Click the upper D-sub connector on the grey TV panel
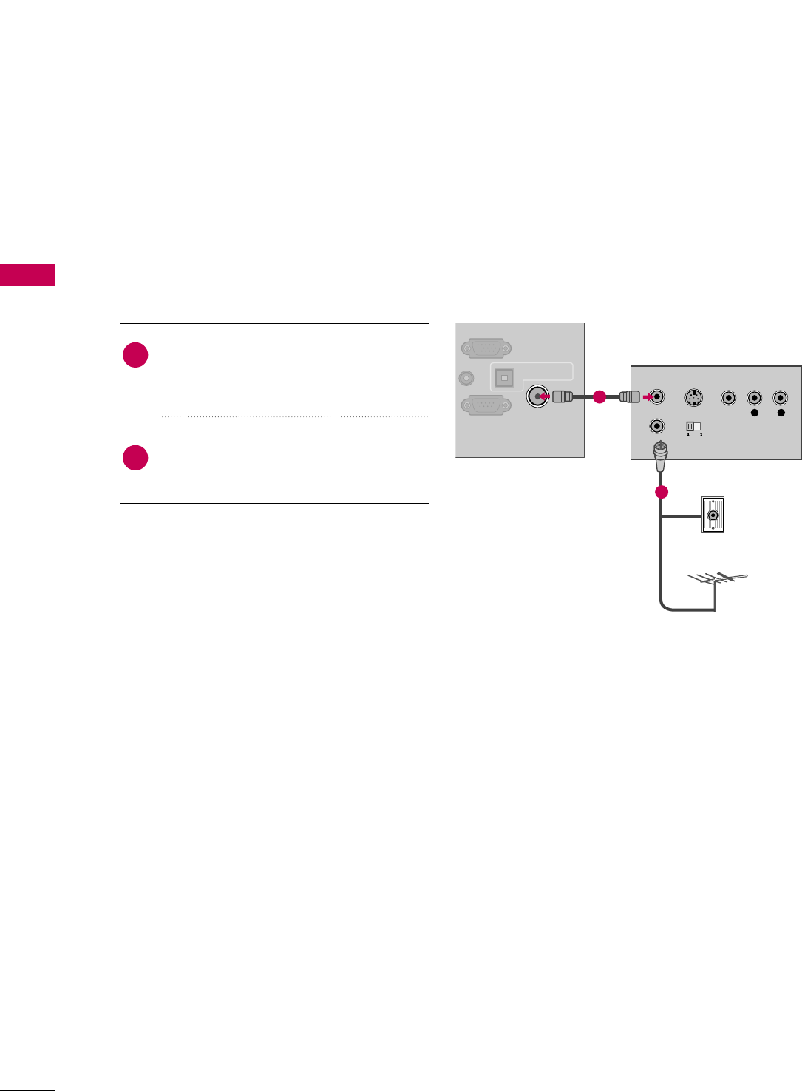(x=486, y=348)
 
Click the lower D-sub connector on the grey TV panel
(x=486, y=405)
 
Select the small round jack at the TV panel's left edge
(x=466, y=378)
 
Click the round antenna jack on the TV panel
(x=537, y=396)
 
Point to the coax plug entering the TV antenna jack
(x=562, y=396)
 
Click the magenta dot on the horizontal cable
(x=599, y=397)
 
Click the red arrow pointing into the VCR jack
(x=648, y=397)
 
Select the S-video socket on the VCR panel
(x=693, y=397)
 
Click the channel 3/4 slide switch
(x=693, y=426)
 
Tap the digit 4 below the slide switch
(x=688, y=435)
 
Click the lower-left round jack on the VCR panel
(x=657, y=426)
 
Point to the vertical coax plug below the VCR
(x=659, y=454)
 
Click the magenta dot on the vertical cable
(x=661, y=492)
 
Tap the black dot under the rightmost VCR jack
(x=781, y=413)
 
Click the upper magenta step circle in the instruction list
(x=135, y=355)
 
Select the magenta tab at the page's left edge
(x=27, y=274)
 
